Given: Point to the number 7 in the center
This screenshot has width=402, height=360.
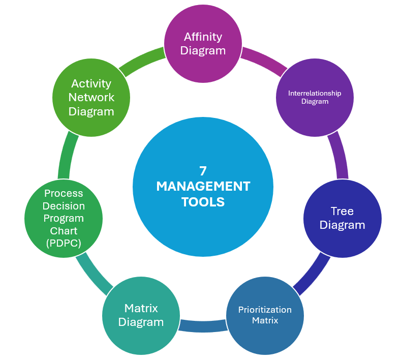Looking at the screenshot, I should coord(203,171).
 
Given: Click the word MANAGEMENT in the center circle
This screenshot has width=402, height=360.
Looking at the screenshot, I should coord(203,187).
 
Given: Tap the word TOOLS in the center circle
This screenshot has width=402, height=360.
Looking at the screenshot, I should coord(203,202).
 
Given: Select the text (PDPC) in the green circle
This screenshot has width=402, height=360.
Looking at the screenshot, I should coord(64,243).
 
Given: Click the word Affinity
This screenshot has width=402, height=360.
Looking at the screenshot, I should coord(203,37).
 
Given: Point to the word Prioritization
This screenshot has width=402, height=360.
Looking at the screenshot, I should coord(265,310).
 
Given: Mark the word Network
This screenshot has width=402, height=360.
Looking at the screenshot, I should coord(91,97).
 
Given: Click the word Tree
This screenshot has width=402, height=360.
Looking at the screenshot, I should coord(342,211).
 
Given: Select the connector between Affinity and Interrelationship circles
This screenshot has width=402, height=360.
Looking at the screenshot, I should coord(262,59).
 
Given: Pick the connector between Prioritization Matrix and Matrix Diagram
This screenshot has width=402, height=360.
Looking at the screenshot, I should coord(202,325).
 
